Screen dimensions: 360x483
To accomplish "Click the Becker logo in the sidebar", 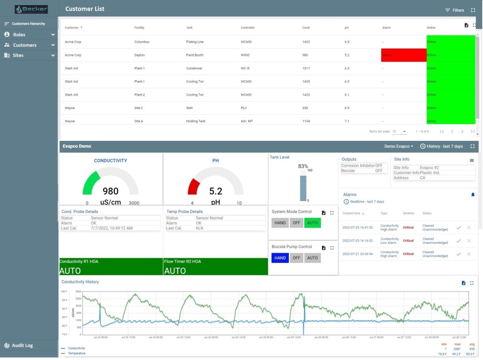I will click(x=31, y=9).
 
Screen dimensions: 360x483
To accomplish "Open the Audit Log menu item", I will click(x=22, y=346).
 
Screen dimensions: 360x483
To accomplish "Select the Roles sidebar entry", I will click(x=19, y=35).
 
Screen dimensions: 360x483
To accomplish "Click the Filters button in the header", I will click(x=454, y=10).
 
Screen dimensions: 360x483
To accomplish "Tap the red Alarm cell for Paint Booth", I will click(x=403, y=55).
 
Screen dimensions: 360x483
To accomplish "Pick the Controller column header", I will click(x=247, y=28).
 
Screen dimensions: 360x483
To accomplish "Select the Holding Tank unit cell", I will click(x=196, y=121).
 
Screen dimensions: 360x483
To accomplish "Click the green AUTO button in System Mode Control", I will click(x=312, y=223).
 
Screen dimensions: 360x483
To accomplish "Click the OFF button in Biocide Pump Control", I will click(x=296, y=258).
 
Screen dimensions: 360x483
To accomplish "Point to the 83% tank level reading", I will click(x=303, y=166).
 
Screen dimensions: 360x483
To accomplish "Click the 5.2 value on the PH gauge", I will click(x=216, y=191).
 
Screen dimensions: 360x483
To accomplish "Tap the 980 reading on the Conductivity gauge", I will click(x=111, y=191).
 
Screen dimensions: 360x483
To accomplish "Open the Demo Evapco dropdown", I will click(x=398, y=146).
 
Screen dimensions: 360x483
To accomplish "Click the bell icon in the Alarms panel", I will click(x=472, y=194).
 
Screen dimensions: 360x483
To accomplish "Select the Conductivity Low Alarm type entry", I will click(x=389, y=241).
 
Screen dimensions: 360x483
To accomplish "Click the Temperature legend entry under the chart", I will click(x=77, y=353).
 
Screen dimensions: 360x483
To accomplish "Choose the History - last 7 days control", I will click(x=441, y=146).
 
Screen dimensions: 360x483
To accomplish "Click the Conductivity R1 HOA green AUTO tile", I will click(x=111, y=267).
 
